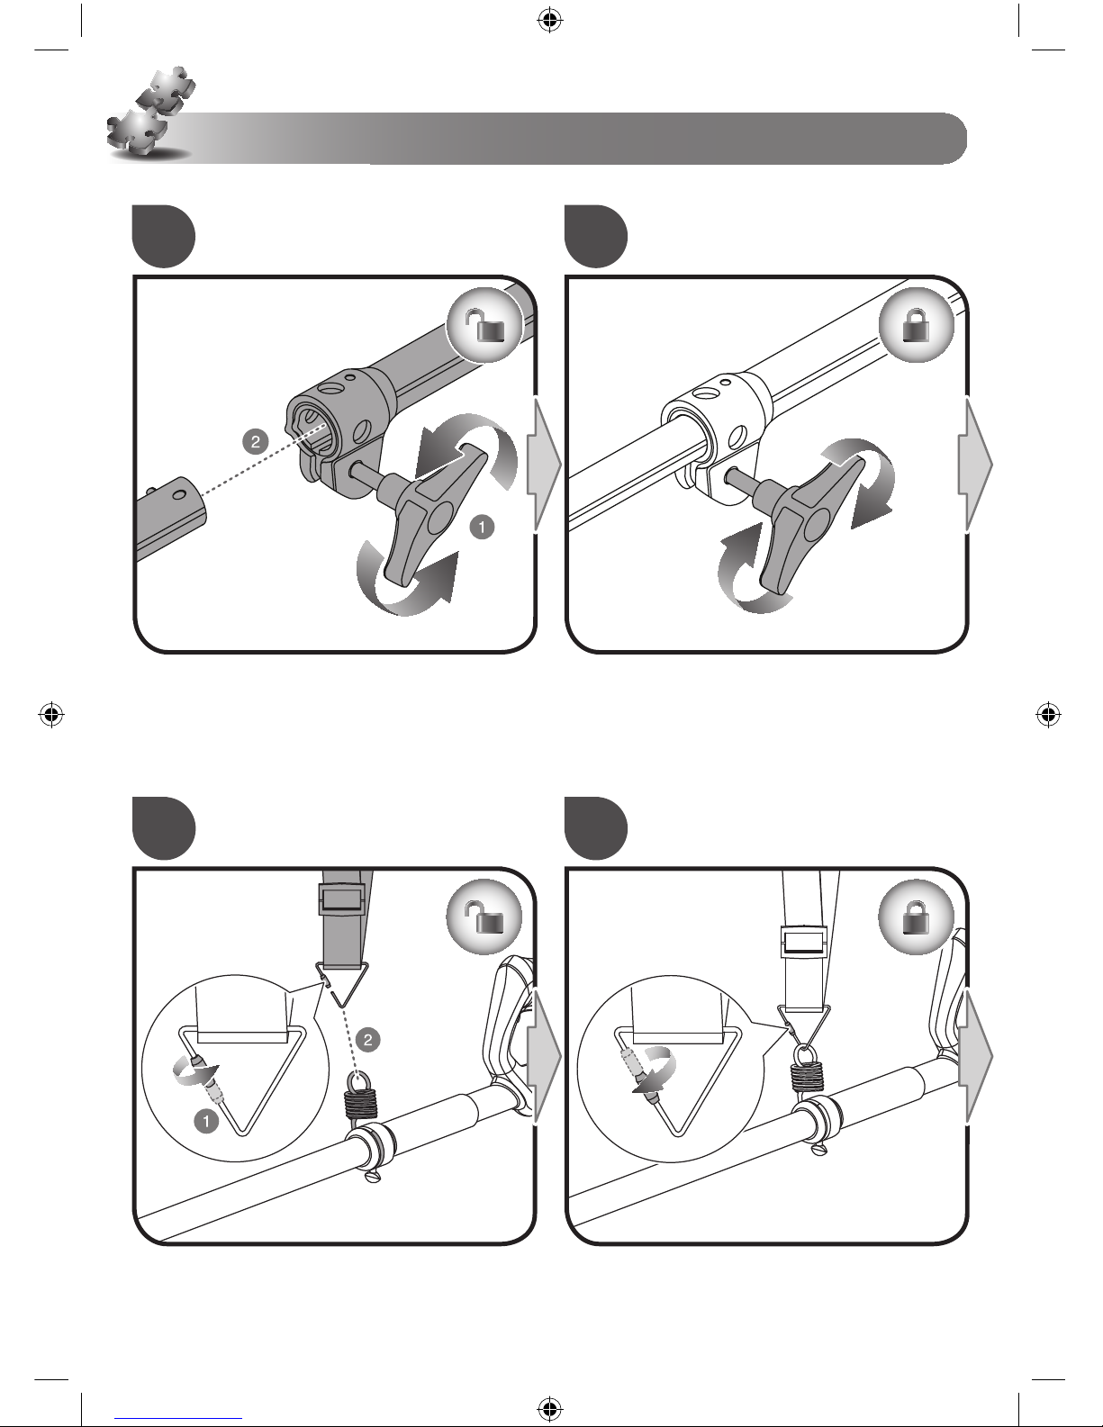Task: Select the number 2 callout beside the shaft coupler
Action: coord(257,441)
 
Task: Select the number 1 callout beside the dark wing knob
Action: coord(483,527)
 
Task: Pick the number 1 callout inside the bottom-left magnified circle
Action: coord(207,1122)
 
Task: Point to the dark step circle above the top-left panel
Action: coord(163,237)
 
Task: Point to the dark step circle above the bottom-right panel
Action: coord(595,826)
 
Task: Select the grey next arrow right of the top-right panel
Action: coord(978,464)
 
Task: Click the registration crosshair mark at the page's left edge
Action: coord(52,715)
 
